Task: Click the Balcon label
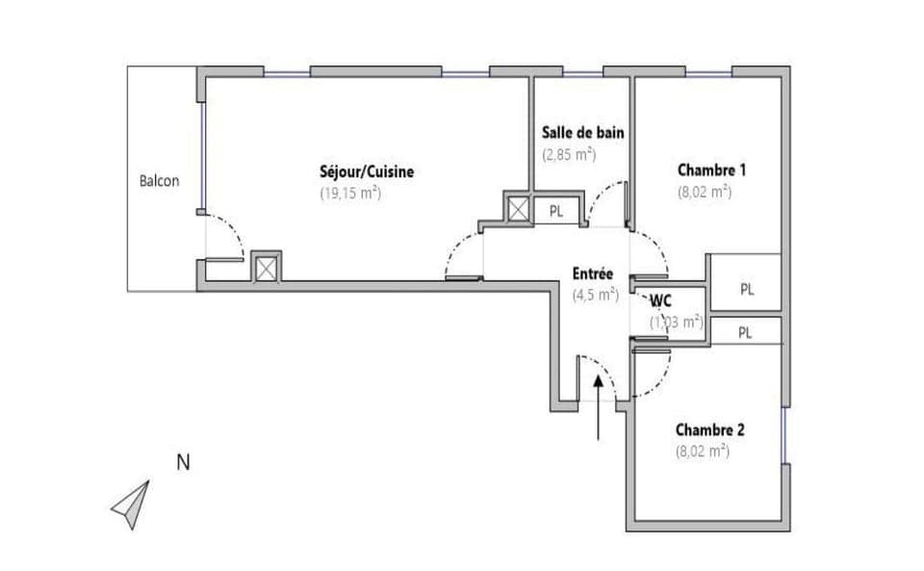pyautogui.click(x=159, y=180)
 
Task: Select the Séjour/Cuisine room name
pyautogui.click(x=367, y=172)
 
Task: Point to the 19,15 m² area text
pyautogui.click(x=350, y=193)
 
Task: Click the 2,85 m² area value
pyautogui.click(x=569, y=153)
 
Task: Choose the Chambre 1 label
pyautogui.click(x=712, y=170)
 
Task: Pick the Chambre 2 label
pyautogui.click(x=709, y=429)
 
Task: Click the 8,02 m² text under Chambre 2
pyautogui.click(x=702, y=450)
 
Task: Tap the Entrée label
pyautogui.click(x=594, y=274)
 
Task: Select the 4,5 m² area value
pyautogui.click(x=595, y=296)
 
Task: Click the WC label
pyautogui.click(x=661, y=300)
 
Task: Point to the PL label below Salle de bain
pyautogui.click(x=556, y=211)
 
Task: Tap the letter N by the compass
pyautogui.click(x=183, y=462)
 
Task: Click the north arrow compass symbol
pyautogui.click(x=132, y=504)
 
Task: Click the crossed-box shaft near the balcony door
pyautogui.click(x=266, y=267)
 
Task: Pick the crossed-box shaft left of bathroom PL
pyautogui.click(x=518, y=209)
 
